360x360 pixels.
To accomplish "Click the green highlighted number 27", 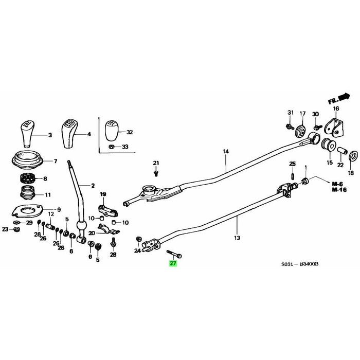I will (x=173, y=263).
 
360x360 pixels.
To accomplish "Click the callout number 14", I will (x=225, y=152).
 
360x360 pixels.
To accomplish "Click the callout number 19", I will (x=102, y=193).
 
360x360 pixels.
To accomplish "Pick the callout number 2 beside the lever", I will (x=93, y=185).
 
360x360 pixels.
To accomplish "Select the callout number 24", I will (x=137, y=251).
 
